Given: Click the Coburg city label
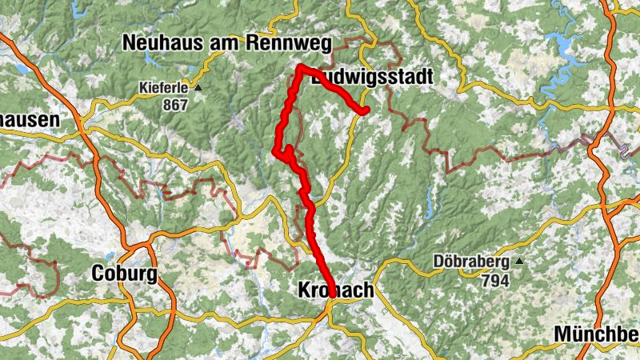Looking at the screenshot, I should pyautogui.click(x=124, y=273).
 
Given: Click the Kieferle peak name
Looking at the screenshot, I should pyautogui.click(x=165, y=88).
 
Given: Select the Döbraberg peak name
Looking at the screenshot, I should pyautogui.click(x=471, y=262).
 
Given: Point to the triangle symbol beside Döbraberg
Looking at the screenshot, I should pyautogui.click(x=519, y=262).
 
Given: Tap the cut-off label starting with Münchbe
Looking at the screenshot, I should pyautogui.click(x=597, y=334).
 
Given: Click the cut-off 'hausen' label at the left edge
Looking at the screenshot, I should pyautogui.click(x=30, y=121).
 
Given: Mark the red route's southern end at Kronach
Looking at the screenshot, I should pyautogui.click(x=331, y=294).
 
